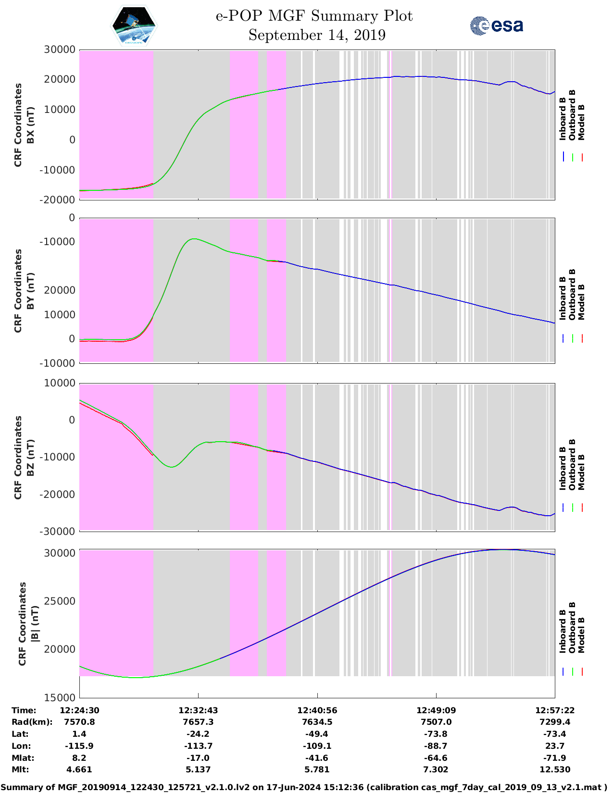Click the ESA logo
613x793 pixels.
496,25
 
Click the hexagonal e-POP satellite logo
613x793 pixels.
134,25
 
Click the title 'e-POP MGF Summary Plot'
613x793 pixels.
314,16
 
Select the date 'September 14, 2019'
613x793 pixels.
317,35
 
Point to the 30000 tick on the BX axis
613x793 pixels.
60,50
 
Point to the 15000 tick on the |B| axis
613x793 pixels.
60,697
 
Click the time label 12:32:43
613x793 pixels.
198,710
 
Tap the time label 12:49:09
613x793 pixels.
436,710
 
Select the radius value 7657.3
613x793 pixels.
198,722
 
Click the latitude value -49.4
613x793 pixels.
317,734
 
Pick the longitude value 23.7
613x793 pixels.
555,746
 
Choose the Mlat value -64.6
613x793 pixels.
436,758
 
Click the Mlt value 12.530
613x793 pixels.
555,769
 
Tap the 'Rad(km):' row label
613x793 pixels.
32,722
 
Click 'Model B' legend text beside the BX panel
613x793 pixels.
581,122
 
